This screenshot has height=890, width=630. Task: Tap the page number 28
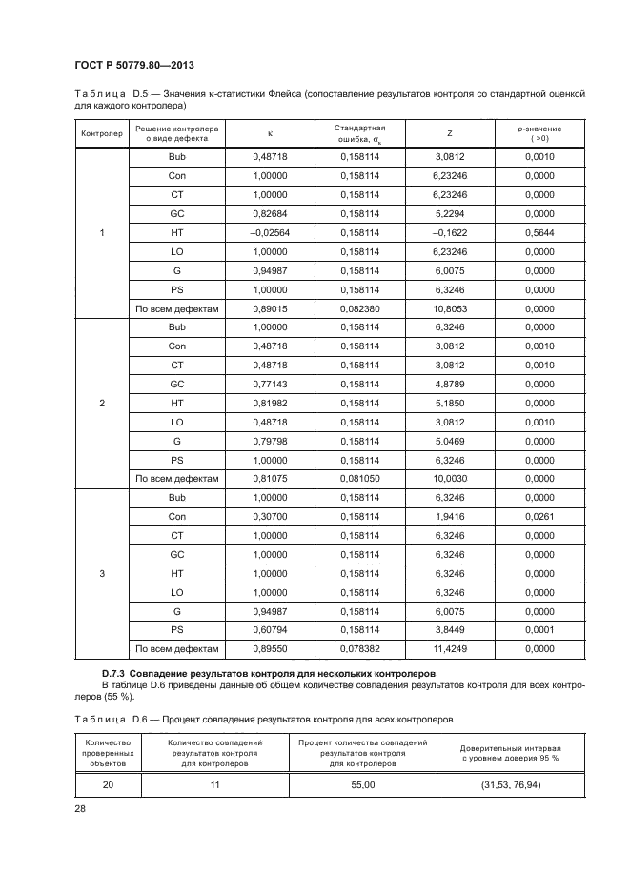tap(79, 808)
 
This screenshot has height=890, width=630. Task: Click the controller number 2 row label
tap(101, 403)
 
